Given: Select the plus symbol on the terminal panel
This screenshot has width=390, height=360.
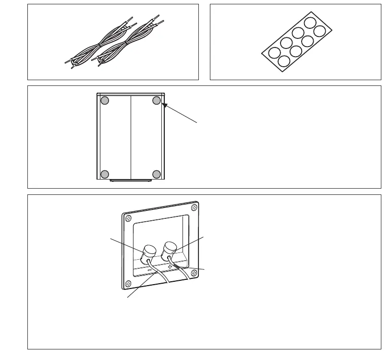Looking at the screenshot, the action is (x=170, y=267).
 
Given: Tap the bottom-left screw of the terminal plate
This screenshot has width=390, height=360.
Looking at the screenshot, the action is (x=128, y=282).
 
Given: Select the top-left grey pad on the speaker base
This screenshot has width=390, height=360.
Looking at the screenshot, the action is (x=105, y=101).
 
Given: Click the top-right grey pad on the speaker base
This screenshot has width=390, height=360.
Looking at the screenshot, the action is (x=157, y=100).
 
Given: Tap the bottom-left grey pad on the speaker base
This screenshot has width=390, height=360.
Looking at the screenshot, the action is (x=105, y=174).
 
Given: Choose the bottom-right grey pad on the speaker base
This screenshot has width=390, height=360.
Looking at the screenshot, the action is (x=157, y=174).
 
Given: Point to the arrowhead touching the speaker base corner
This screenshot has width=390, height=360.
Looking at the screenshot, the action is (x=164, y=103).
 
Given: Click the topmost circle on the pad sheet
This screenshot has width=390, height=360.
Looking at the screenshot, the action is (x=310, y=22).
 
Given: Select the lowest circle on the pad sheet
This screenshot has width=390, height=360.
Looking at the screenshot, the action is (x=283, y=61).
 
